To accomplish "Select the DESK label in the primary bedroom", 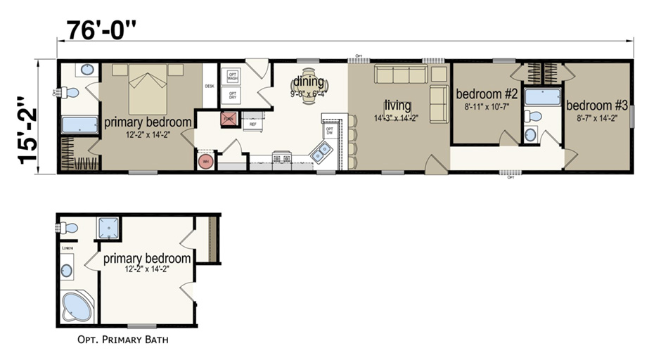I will pos(209,86).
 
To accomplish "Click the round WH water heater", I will pos(207,161).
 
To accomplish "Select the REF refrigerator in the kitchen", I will pos(253,124).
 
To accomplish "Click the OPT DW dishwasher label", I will pos(329,131).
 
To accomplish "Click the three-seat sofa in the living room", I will pos(400,75).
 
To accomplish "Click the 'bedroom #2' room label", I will pos(487,94).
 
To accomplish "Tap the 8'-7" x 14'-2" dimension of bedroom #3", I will pos(596,117).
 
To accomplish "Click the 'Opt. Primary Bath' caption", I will pos(122,340).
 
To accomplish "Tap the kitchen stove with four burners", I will pos(281,157).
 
